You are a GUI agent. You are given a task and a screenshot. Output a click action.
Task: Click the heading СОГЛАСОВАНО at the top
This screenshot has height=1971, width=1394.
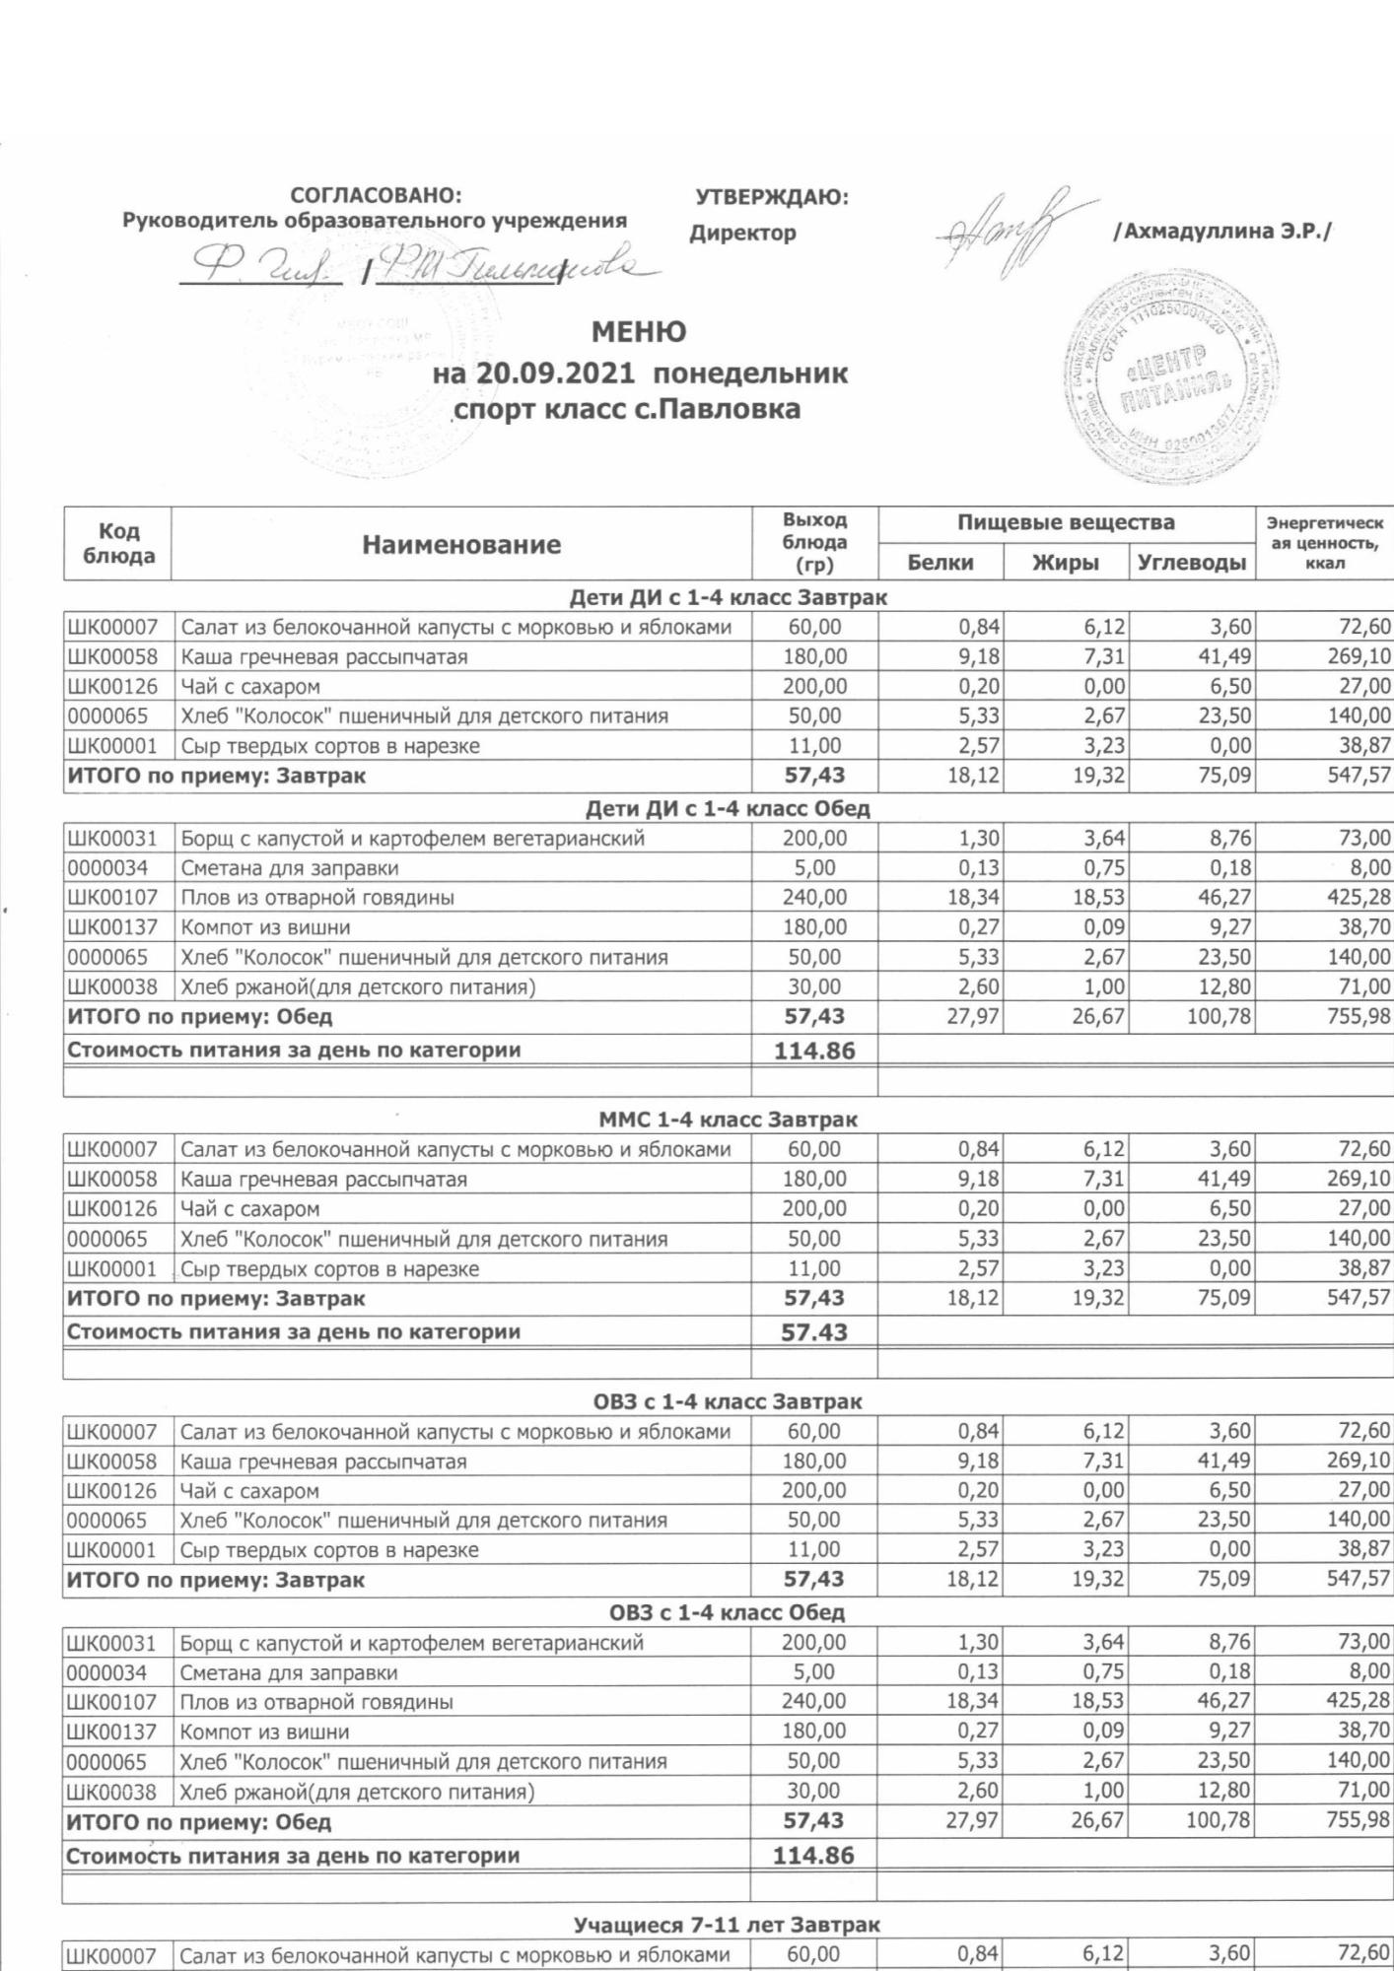click(x=375, y=196)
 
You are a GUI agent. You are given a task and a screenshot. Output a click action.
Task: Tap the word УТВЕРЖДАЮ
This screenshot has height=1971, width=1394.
click(x=771, y=197)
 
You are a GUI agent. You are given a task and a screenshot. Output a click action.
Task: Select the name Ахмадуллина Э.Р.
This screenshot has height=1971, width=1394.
click(x=1221, y=233)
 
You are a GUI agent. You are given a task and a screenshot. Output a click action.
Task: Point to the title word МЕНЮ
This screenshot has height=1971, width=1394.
click(x=639, y=332)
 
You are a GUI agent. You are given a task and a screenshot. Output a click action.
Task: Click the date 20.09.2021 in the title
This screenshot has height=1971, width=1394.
click(x=559, y=374)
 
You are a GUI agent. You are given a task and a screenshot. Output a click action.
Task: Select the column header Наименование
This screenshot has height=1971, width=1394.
click(x=460, y=545)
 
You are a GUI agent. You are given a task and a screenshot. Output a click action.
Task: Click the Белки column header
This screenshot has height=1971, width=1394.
click(x=940, y=563)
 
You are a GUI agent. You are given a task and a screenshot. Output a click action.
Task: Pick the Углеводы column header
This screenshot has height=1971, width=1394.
click(x=1192, y=563)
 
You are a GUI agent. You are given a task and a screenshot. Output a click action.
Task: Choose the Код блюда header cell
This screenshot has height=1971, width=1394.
click(x=118, y=544)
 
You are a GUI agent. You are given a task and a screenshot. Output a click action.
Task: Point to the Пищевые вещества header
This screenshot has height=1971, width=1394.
click(x=1066, y=522)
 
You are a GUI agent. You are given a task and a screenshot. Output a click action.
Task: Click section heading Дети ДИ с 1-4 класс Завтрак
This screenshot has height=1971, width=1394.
click(x=728, y=597)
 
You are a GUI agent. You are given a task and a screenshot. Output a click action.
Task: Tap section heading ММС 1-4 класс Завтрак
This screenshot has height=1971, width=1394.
click(x=728, y=1120)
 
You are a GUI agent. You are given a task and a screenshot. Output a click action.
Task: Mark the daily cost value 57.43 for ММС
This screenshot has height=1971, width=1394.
click(x=814, y=1332)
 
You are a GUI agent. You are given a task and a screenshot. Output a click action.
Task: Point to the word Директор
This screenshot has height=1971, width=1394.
click(x=742, y=234)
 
